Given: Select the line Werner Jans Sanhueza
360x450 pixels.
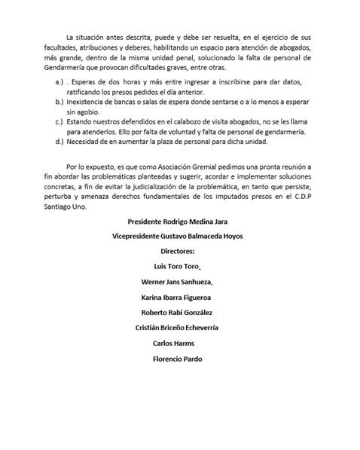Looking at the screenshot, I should click(x=178, y=281).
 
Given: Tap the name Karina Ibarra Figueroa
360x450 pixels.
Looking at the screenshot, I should click(x=177, y=297).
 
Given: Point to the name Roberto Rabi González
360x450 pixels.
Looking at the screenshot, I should click(x=177, y=312).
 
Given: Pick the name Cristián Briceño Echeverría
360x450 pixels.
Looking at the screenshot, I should click(x=177, y=328).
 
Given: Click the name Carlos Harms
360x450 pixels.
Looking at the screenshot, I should click(x=173, y=343).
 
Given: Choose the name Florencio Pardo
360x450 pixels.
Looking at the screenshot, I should click(x=177, y=359).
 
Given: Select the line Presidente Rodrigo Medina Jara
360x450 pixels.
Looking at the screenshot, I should click(x=177, y=221).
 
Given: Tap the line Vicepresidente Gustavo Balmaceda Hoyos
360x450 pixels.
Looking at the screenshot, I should click(x=177, y=235).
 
